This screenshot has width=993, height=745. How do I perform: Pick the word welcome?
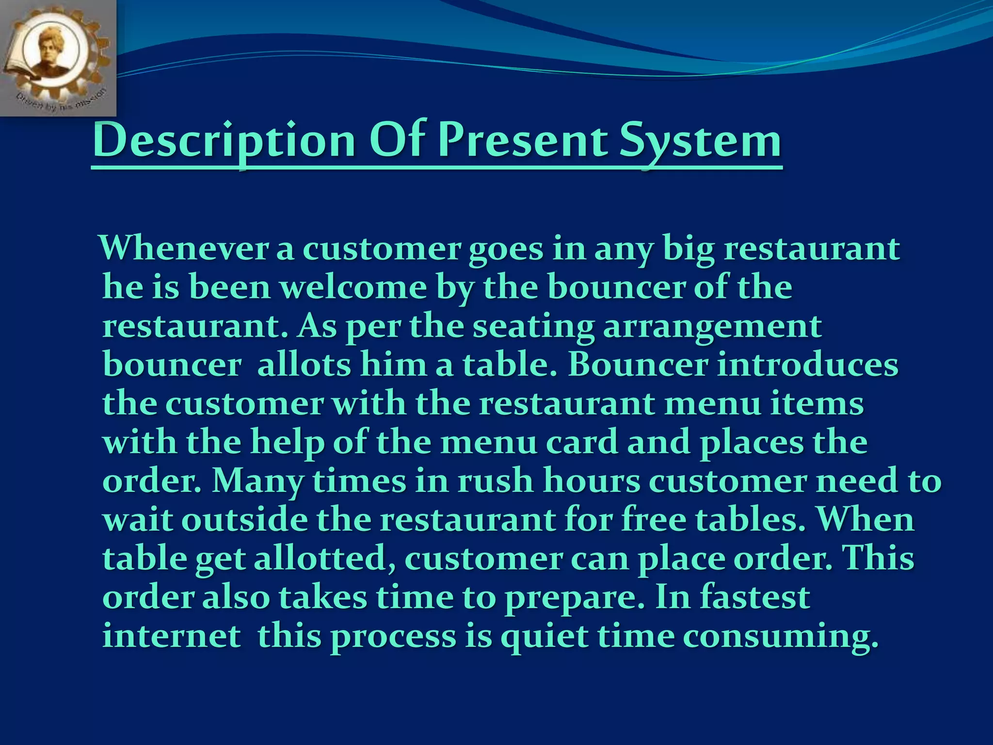tap(353, 287)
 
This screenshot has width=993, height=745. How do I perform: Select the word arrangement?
tap(712, 327)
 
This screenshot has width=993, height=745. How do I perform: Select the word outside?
tap(245, 520)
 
